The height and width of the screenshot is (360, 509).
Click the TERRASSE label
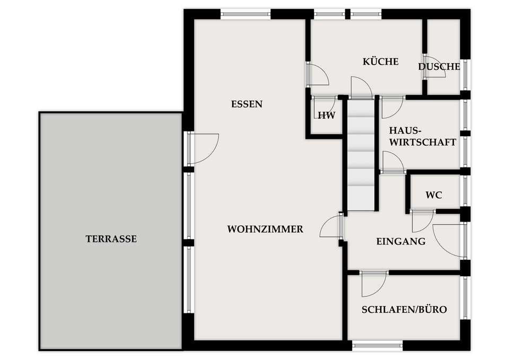(111, 239)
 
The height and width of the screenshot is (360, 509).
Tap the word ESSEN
(247, 104)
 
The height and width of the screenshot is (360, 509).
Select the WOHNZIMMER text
(265, 229)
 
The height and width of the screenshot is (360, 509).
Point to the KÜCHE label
(381, 61)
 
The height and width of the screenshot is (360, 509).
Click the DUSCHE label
(439, 67)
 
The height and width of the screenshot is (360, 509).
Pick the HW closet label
(327, 115)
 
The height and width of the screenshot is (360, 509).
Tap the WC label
(434, 195)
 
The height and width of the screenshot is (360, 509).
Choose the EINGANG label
(401, 242)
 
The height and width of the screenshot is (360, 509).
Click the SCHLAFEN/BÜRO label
(404, 309)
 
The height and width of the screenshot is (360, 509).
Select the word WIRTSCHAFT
(423, 142)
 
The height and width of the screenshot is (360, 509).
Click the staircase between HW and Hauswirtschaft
(361, 155)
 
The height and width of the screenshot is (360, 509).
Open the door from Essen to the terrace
(203, 148)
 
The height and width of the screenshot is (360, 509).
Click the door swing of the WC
(423, 221)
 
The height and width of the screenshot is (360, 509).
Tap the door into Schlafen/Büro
(374, 284)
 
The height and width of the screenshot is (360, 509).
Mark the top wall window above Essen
(245, 14)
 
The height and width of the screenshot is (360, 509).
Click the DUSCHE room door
(434, 67)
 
